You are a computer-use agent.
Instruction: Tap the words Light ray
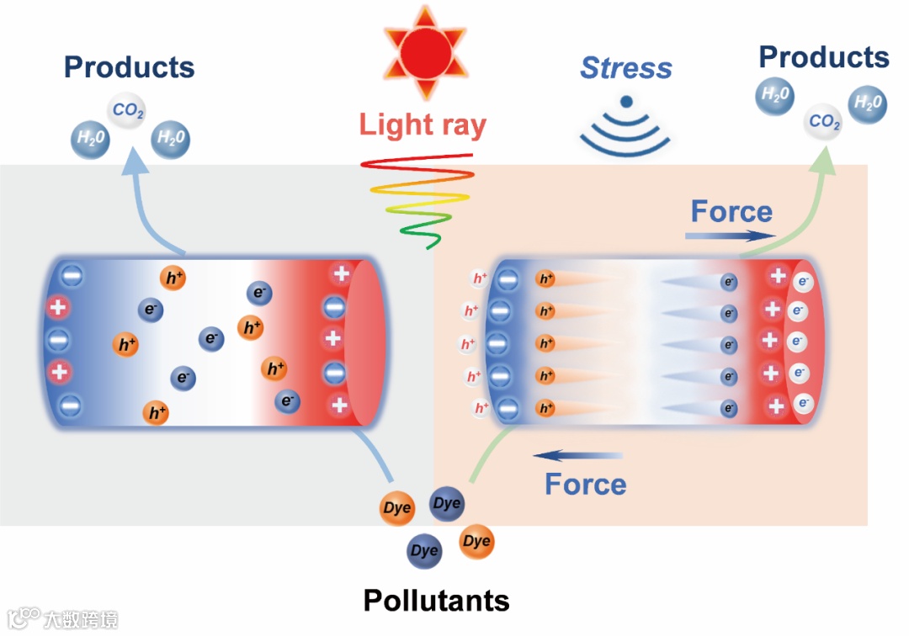click(423, 125)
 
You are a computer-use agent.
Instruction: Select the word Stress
click(626, 67)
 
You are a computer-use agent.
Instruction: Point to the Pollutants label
click(436, 601)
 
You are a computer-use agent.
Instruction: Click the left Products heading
click(129, 67)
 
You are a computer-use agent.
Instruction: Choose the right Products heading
click(823, 57)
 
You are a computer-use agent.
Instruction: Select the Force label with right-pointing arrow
click(731, 211)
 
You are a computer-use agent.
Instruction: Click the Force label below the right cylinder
click(585, 484)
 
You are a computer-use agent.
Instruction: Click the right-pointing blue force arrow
click(729, 236)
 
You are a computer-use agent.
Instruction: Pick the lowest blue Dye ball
click(424, 551)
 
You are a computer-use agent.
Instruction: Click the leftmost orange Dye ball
click(396, 508)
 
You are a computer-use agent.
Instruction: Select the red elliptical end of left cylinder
click(364, 342)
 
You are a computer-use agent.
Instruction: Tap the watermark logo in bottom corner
click(62, 619)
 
